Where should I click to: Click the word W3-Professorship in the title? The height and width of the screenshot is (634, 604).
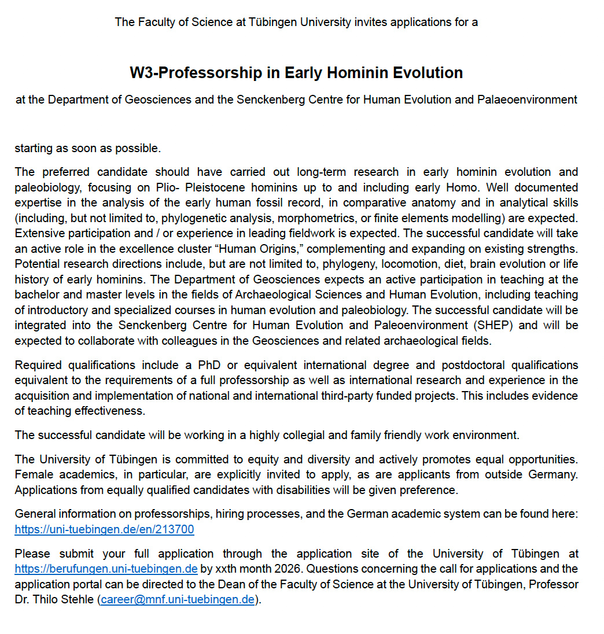point(185,73)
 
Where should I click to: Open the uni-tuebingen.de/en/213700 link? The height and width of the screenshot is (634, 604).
point(104,529)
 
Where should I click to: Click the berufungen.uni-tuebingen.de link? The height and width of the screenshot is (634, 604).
point(106,569)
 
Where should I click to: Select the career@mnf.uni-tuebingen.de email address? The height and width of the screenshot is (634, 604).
point(178,599)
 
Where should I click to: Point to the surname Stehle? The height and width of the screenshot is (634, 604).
point(76,599)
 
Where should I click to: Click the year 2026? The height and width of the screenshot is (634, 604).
point(270,569)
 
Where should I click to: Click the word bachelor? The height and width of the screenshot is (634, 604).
point(36,295)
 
